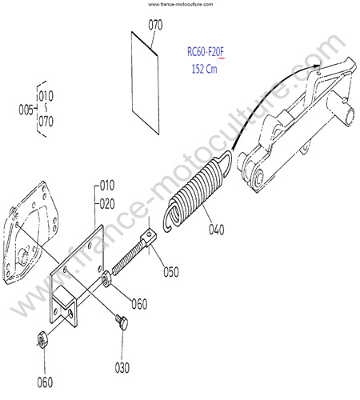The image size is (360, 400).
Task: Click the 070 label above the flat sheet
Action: click(x=155, y=25)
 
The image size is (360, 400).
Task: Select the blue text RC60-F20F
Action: click(x=206, y=52)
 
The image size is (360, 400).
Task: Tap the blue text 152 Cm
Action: click(x=204, y=69)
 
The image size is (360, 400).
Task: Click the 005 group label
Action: click(x=26, y=110)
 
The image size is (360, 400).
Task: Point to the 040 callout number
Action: click(x=216, y=230)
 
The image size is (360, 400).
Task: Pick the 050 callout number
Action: click(x=171, y=272)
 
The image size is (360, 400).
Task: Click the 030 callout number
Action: click(x=122, y=368)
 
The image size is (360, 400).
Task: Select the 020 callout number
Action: click(x=107, y=204)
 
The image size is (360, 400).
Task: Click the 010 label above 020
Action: click(x=107, y=186)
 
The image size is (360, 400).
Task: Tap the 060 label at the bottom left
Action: click(x=45, y=382)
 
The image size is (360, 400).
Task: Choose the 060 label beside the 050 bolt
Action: click(x=139, y=304)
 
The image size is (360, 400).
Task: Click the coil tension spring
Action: click(x=198, y=191)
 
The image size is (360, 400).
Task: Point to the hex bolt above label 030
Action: click(x=122, y=322)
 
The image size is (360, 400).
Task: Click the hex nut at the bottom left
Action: click(x=42, y=340)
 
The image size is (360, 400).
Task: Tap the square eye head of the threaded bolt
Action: click(x=149, y=236)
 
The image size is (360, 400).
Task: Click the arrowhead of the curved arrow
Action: click(x=317, y=66)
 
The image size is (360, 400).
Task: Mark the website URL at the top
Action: click(x=180, y=4)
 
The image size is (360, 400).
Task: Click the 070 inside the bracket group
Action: click(x=46, y=122)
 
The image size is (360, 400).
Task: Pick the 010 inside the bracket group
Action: click(x=46, y=96)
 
